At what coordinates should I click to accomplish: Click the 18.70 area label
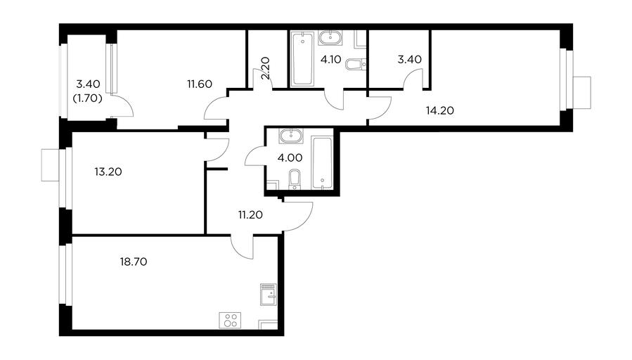[134, 262]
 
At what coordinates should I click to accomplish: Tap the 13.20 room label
[108, 172]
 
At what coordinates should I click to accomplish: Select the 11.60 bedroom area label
[200, 84]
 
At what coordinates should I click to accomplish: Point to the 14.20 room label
[440, 110]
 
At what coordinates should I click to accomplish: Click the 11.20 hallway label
[250, 215]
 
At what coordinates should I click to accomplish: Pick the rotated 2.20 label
[265, 68]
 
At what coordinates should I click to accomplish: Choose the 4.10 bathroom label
[330, 60]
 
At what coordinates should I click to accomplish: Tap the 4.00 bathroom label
[290, 158]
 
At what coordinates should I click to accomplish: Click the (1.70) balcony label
[87, 98]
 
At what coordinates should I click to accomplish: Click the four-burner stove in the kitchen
[230, 320]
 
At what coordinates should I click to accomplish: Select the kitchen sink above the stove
[269, 295]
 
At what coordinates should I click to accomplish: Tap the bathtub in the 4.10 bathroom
[302, 59]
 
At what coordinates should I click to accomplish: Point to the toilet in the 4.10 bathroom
[356, 64]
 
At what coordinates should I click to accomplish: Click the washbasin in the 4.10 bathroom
[330, 38]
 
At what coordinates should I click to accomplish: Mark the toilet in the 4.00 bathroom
[295, 179]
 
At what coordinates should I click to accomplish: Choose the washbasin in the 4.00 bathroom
[291, 136]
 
